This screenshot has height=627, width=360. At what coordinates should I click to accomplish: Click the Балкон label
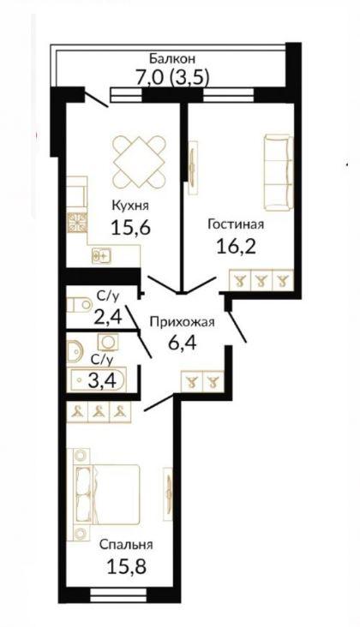point(172,58)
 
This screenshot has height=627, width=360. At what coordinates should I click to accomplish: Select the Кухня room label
point(130,206)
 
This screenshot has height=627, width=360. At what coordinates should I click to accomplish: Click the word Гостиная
point(236,224)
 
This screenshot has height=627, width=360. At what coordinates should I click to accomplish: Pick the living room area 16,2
point(236,247)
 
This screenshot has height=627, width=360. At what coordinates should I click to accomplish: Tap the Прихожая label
point(182,321)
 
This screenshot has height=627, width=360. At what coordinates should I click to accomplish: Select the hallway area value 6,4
point(183,343)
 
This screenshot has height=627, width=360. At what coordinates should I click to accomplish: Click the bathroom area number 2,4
point(107,319)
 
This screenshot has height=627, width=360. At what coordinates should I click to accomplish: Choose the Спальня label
point(126,544)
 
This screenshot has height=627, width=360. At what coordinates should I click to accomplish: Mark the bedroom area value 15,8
point(126,566)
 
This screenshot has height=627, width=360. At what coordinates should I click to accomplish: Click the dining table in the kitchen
point(139,162)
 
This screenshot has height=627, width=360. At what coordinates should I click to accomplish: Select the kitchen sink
point(101,255)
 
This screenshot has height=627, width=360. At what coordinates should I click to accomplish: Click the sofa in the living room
point(279,171)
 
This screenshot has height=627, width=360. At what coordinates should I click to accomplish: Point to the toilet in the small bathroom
point(79,305)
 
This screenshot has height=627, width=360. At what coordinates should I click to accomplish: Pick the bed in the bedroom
point(106,494)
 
